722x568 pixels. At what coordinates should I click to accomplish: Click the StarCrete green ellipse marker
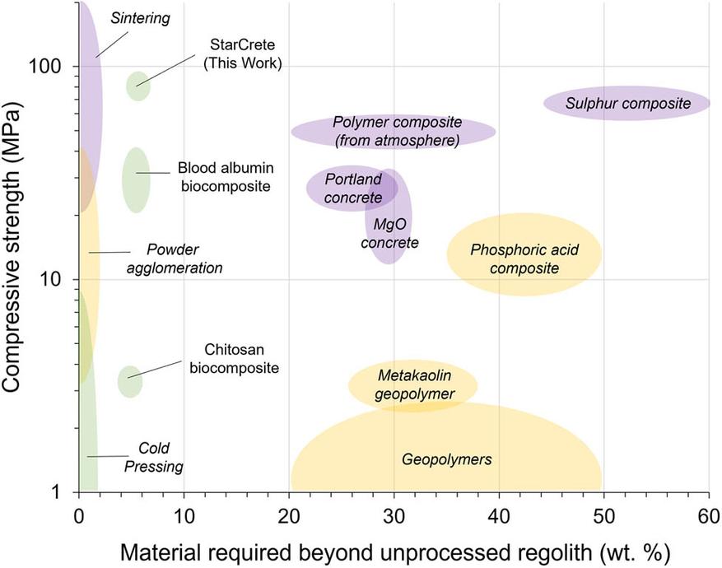pyautogui.click(x=138, y=85)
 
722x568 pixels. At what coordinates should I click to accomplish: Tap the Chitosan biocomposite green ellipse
pyautogui.click(x=129, y=381)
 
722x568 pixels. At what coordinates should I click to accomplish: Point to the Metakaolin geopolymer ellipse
pyautogui.click(x=413, y=384)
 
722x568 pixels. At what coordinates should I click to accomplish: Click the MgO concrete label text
pyautogui.click(x=390, y=233)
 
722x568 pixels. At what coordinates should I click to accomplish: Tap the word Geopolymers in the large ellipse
pyautogui.click(x=446, y=459)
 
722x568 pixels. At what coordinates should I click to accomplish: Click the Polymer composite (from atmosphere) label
pyautogui.click(x=398, y=131)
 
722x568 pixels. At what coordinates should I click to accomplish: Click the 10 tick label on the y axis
pyautogui.click(x=58, y=279)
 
